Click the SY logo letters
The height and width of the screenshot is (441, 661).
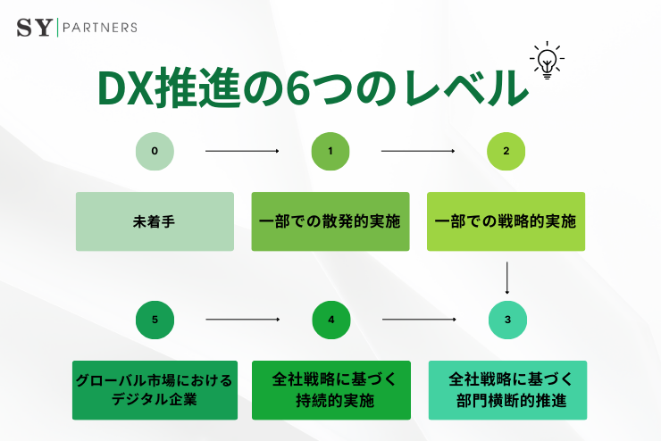click(x=34, y=28)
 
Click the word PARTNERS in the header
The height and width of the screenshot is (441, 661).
click(x=99, y=28)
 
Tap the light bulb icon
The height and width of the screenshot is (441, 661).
click(x=546, y=61)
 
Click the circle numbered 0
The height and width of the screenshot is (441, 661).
click(x=155, y=151)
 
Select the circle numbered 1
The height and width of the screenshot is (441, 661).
click(x=330, y=151)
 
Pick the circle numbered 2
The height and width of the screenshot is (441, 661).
click(x=506, y=151)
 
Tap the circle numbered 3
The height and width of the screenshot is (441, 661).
click(x=507, y=319)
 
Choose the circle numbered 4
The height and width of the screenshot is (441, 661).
click(x=331, y=319)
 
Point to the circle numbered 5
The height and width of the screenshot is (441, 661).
click(x=155, y=319)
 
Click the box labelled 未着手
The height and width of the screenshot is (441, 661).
click(x=155, y=220)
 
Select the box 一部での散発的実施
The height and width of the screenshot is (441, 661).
click(x=330, y=220)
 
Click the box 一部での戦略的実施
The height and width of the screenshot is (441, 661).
click(x=506, y=220)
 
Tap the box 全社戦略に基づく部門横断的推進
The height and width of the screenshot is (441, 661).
click(x=507, y=390)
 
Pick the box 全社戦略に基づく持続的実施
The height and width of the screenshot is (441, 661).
click(x=331, y=390)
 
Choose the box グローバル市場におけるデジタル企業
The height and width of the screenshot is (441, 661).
click(x=155, y=390)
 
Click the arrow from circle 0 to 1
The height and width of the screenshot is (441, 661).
click(x=242, y=151)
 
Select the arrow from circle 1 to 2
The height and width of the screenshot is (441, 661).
click(x=418, y=151)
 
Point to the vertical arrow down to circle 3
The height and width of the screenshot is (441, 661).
click(x=507, y=278)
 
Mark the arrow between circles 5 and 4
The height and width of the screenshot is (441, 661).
click(x=243, y=319)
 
